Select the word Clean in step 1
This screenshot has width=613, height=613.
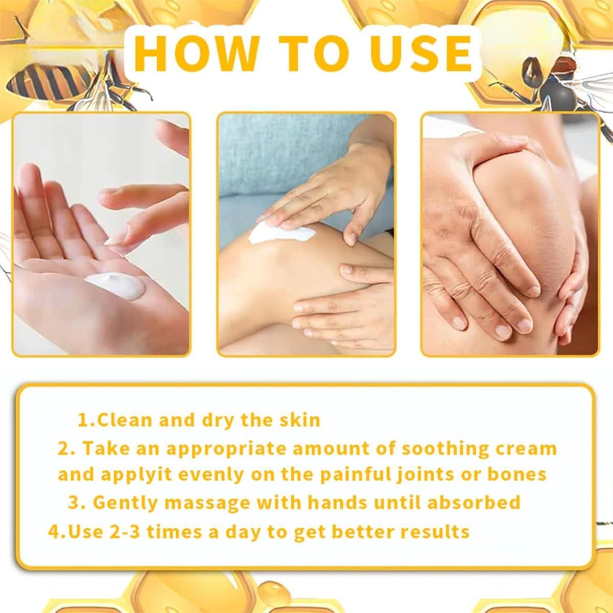126,420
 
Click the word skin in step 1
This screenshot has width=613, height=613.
299,420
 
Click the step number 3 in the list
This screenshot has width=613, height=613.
74,502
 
